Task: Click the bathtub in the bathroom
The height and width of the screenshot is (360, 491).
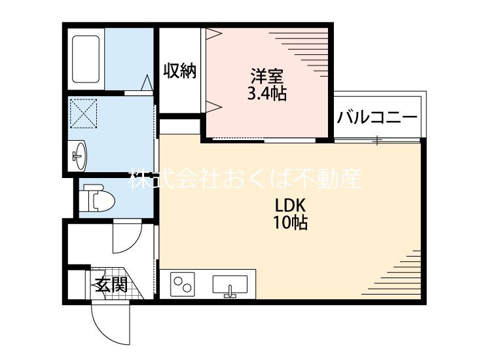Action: click(x=86, y=59)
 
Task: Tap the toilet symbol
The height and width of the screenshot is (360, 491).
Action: click(x=97, y=198)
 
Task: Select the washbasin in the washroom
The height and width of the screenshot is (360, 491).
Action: click(x=79, y=156)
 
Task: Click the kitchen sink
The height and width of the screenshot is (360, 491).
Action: click(x=230, y=285)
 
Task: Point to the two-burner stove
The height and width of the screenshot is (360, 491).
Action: click(x=183, y=284)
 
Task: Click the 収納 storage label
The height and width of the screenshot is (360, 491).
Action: click(x=180, y=71)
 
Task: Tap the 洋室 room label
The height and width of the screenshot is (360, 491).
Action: click(x=267, y=76)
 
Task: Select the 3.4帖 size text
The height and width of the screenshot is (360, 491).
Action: click(x=267, y=93)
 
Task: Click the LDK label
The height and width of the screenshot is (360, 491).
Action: click(x=290, y=206)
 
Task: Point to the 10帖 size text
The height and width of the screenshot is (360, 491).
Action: click(x=290, y=223)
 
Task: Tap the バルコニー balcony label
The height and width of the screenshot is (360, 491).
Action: click(x=377, y=117)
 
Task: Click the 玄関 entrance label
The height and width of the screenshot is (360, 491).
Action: click(x=111, y=285)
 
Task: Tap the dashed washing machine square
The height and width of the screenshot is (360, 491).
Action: click(x=83, y=113)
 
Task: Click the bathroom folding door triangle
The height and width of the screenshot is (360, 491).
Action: click(x=147, y=82)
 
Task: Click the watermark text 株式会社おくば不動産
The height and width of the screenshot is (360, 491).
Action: click(x=245, y=179)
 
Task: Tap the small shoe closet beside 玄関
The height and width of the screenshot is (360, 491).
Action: click(x=77, y=284)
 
